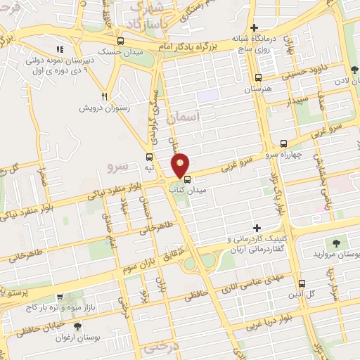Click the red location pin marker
click(x=181, y=165)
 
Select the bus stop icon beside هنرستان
click(x=258, y=78)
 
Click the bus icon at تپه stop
click(x=149, y=157)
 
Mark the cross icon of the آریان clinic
click(x=257, y=229)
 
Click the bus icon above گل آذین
click(x=301, y=284)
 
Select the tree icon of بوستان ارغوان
click(x=77, y=326)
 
